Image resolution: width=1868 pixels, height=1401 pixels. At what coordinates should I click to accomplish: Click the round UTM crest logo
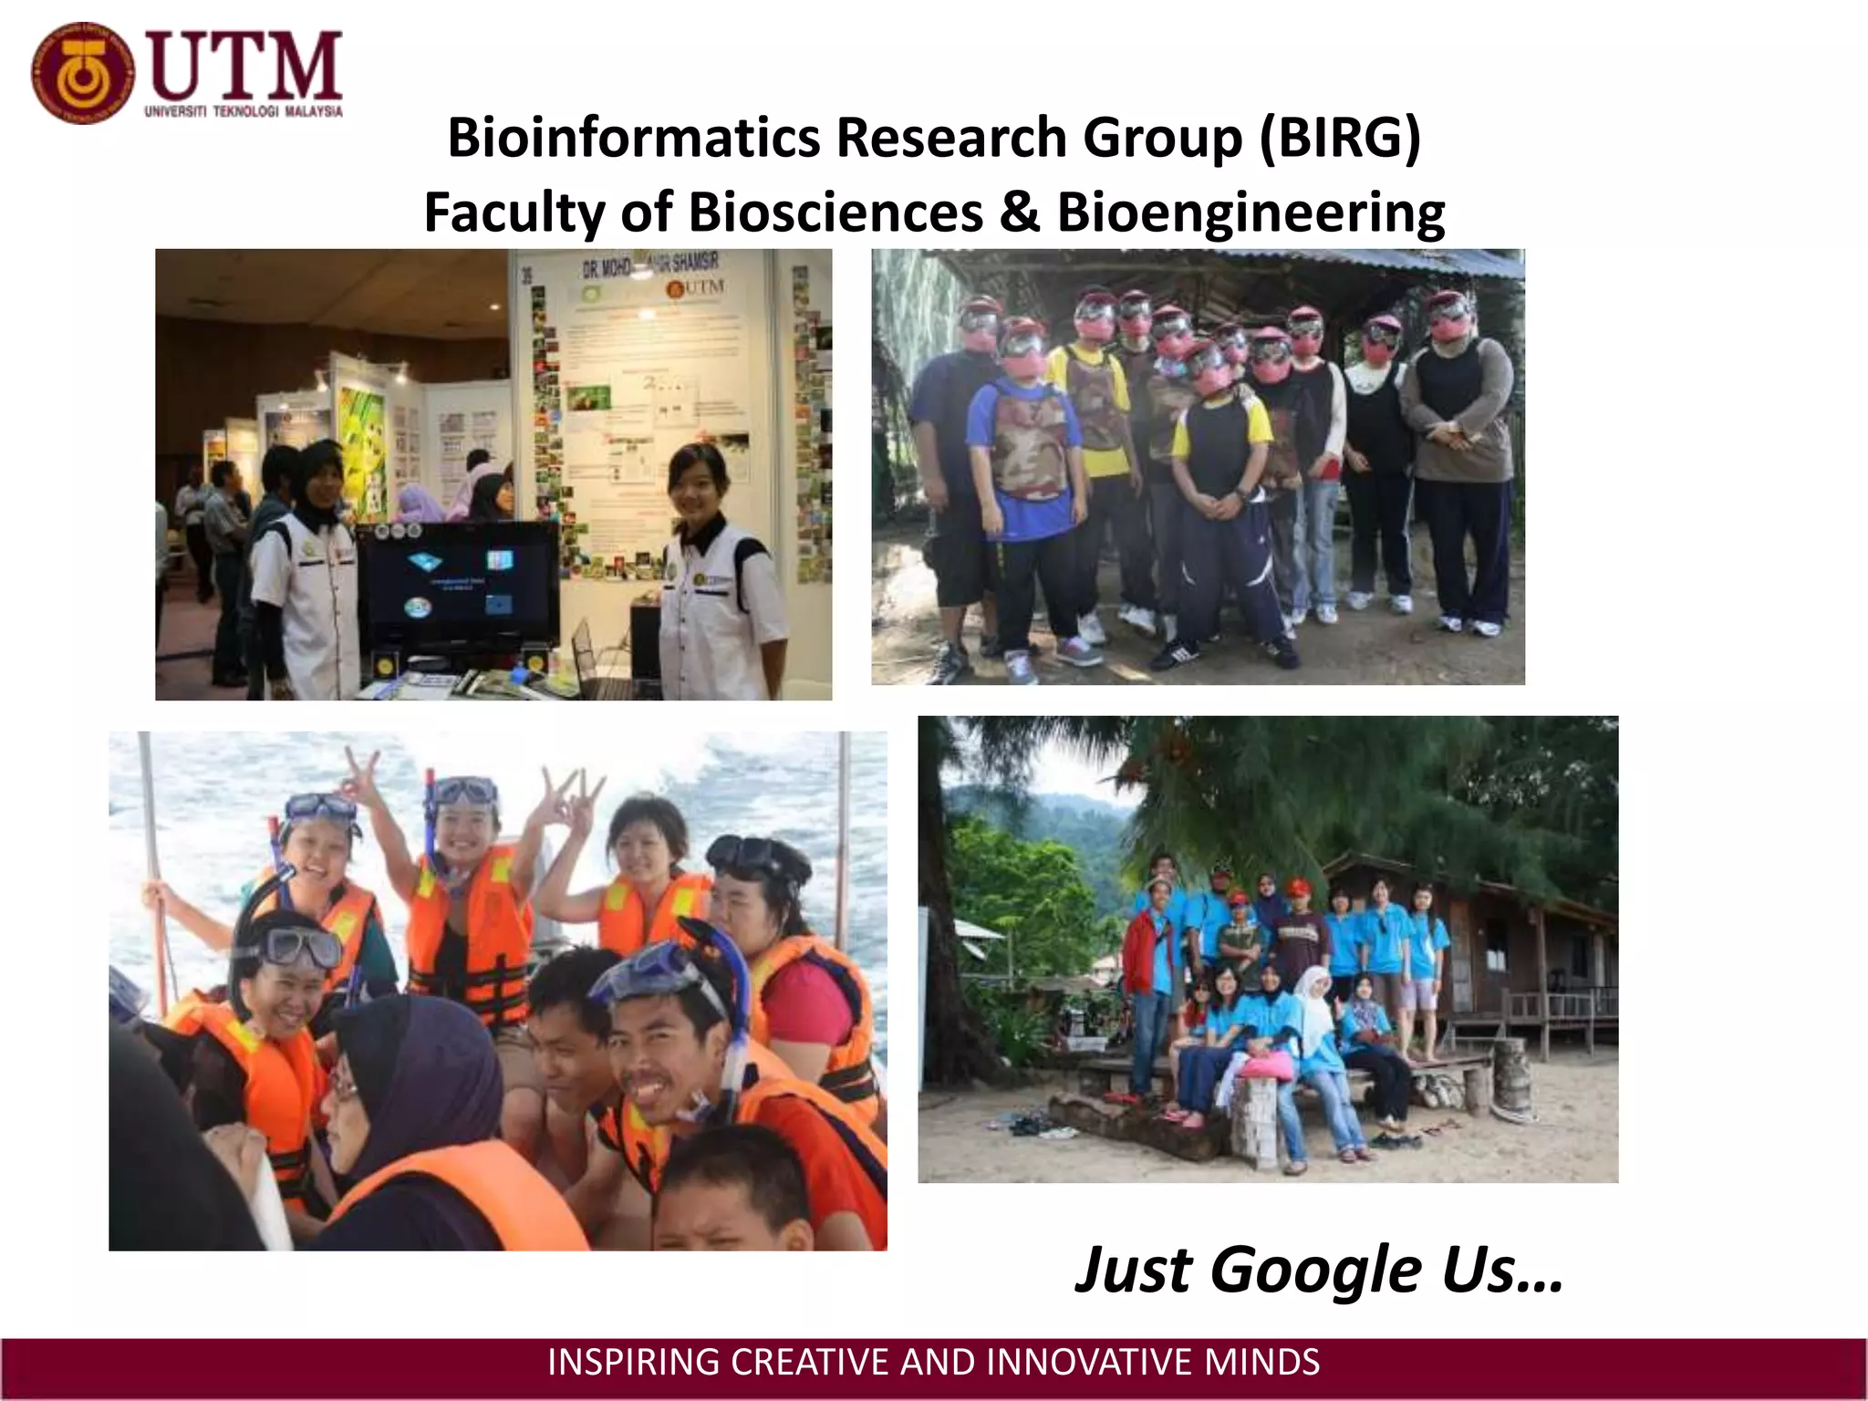82,73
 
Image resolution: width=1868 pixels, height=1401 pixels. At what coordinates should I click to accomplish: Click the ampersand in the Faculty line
1019,212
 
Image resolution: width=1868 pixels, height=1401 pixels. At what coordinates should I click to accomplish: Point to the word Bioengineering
1251,212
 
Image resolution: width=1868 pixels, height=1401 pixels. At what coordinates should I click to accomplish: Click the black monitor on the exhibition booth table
458,584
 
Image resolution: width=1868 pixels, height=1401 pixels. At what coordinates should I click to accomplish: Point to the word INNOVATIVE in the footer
1090,1362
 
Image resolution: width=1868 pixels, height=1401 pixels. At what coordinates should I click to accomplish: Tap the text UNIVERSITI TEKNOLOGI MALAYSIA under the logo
244,111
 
